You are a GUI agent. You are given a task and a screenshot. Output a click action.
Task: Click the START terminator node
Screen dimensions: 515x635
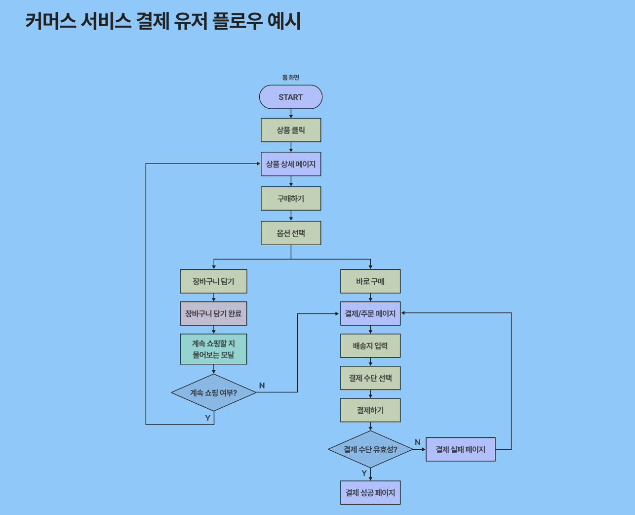(291, 97)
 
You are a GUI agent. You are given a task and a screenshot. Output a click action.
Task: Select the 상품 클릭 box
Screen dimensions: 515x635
(291, 130)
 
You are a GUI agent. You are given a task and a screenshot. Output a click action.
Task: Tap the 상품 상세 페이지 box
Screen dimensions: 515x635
(291, 164)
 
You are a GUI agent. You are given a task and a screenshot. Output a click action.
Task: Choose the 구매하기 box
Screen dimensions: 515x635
(291, 199)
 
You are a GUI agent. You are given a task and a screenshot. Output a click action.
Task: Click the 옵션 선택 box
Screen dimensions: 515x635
(291, 233)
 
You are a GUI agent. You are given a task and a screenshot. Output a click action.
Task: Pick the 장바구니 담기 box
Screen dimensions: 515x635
(213, 281)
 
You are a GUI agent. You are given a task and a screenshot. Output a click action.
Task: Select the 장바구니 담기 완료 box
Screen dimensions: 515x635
(213, 313)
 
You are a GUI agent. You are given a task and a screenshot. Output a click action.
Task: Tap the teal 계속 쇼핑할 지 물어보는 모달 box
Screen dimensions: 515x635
(213, 349)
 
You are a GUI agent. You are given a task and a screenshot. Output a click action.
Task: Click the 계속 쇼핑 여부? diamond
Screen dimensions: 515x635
(214, 392)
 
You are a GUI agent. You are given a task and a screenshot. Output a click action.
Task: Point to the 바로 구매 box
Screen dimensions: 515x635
(370, 281)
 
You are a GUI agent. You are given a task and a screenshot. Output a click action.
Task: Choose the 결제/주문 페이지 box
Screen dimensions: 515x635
(370, 313)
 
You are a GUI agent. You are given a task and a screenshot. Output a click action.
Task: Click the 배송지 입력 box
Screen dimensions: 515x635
(370, 345)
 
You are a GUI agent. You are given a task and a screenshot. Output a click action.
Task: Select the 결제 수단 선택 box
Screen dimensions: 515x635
(370, 378)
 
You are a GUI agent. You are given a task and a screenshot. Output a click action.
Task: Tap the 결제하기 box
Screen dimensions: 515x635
(370, 410)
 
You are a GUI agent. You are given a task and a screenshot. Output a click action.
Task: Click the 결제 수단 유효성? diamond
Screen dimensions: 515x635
(370, 449)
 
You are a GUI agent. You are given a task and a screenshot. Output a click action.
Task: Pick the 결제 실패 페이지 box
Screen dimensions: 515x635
(460, 449)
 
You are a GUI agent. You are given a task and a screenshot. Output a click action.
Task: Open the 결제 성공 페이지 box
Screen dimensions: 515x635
(370, 493)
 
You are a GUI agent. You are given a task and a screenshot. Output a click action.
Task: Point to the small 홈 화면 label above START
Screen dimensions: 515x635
(291, 78)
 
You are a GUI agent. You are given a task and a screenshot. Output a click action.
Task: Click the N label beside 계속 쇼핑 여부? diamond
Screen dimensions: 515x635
(262, 386)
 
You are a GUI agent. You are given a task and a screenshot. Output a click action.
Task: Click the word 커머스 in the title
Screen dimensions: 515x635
(51, 21)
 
